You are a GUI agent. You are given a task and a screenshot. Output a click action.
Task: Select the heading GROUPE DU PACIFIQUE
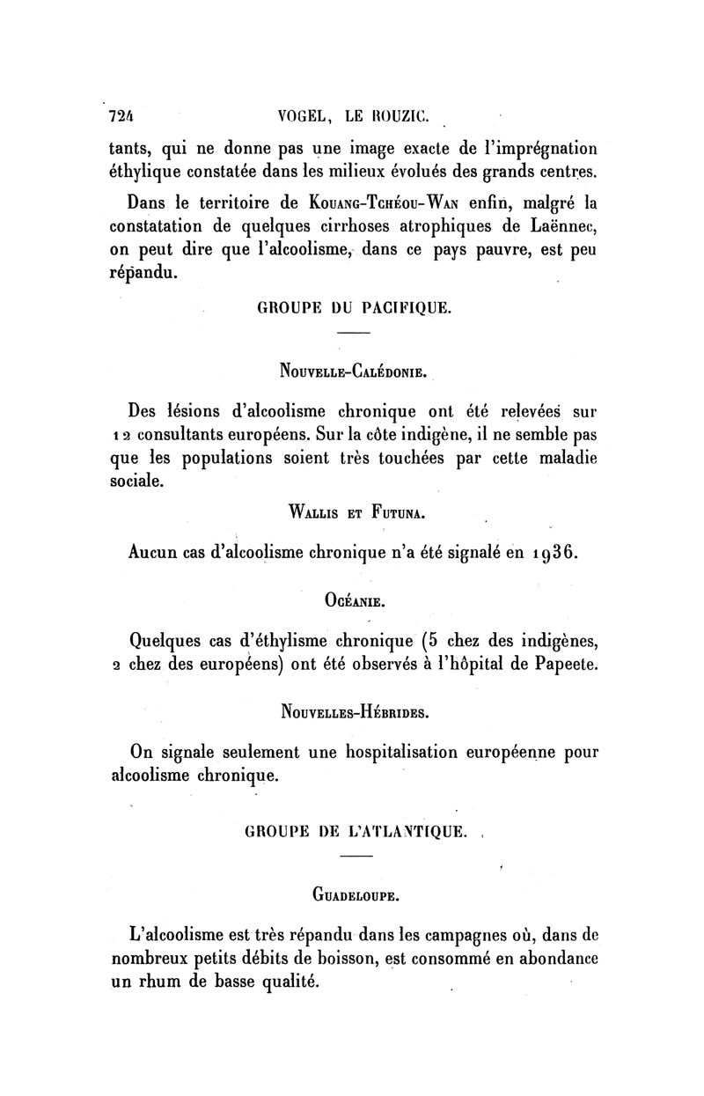click(354, 308)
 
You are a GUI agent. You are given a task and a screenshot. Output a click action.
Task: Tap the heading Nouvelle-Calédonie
click(354, 371)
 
